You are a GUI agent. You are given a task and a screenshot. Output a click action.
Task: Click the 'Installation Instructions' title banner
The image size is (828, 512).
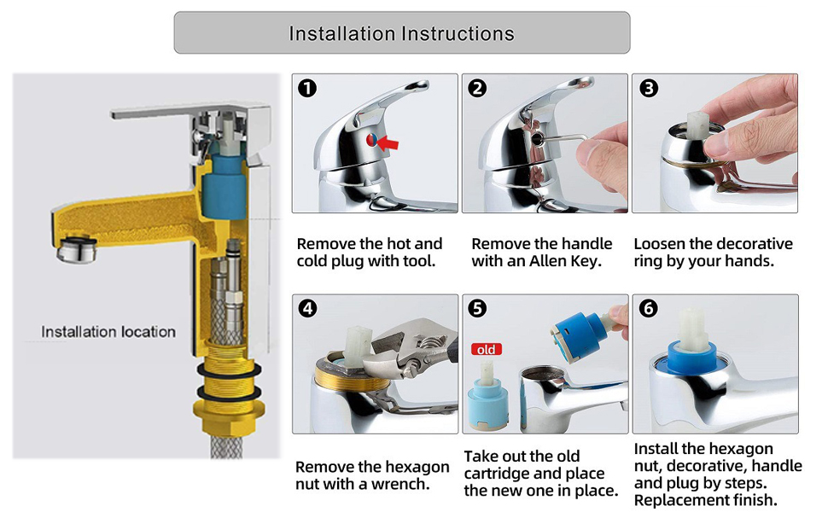pyautogui.click(x=402, y=32)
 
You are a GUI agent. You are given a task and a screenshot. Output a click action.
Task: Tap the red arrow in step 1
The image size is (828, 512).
pyautogui.click(x=388, y=143)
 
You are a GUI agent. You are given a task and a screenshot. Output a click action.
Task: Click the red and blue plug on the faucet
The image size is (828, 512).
pyautogui.click(x=372, y=140)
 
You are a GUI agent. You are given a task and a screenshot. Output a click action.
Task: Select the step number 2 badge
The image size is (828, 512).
pyautogui.click(x=477, y=88)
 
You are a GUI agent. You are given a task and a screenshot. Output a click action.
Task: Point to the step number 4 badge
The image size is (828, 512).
pyautogui.click(x=307, y=308)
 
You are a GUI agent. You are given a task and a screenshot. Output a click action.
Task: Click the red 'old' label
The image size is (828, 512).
pyautogui.click(x=486, y=349)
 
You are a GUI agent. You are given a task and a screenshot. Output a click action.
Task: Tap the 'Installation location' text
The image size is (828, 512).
pyautogui.click(x=108, y=331)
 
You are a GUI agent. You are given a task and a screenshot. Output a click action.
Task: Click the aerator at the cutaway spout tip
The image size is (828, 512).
pyautogui.click(x=77, y=249)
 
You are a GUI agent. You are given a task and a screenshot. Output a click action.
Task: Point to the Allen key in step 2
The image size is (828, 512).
pyautogui.click(x=561, y=138)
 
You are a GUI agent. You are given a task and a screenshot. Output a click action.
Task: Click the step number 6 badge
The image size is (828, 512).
pyautogui.click(x=649, y=308)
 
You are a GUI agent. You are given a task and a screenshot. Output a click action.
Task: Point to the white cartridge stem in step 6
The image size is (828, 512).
pyautogui.click(x=693, y=330)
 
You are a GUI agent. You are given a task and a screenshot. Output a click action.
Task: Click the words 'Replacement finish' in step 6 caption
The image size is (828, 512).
pyautogui.click(x=704, y=500)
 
